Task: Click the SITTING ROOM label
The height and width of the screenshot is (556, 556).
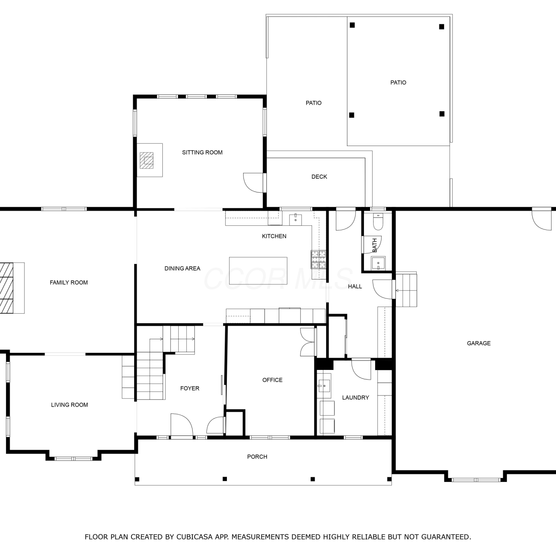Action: [202, 152]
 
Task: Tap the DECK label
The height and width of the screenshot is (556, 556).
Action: [319, 177]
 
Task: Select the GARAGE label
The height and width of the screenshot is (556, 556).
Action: [479, 343]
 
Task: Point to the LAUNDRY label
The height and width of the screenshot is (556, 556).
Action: [355, 397]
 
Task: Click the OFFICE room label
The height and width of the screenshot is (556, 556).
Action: [272, 380]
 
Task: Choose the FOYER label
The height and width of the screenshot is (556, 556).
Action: [190, 388]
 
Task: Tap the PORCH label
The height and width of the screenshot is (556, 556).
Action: [257, 457]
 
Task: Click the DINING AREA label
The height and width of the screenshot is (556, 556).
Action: [182, 268]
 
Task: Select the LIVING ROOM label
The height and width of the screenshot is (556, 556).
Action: [69, 405]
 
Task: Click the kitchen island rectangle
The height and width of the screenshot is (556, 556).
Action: [258, 271]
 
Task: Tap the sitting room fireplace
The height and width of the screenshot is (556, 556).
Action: [149, 160]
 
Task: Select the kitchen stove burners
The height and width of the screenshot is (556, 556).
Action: [318, 259]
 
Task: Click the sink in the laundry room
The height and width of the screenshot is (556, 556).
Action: [324, 386]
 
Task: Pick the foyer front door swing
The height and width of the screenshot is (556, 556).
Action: [182, 425]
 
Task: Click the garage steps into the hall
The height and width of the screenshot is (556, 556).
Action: [406, 289]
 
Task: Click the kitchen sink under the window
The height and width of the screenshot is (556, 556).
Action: [295, 219]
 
